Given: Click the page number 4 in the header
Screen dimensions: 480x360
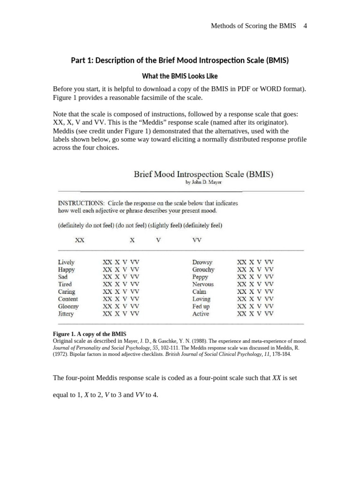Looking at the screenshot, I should coord(305,26).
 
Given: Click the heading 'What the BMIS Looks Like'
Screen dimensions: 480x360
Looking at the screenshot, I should coord(180,76).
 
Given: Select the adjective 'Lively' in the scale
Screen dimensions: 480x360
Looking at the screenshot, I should coord(66,262).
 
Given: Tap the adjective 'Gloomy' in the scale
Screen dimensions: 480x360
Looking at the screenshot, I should coord(68,307).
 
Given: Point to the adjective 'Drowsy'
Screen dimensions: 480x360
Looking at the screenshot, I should coord(202,262).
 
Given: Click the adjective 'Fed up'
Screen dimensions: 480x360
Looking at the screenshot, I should coord(201,307).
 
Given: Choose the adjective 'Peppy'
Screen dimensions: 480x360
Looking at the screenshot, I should coord(200,277).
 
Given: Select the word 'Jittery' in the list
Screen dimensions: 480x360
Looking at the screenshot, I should coord(66,314).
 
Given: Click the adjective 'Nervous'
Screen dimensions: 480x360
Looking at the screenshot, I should coord(202,285).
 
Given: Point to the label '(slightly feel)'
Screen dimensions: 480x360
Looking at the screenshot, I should coord(165,225).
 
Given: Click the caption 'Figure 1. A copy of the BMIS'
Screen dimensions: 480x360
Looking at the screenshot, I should coord(90,334).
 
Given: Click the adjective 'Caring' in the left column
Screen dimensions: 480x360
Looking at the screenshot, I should coord(66,292).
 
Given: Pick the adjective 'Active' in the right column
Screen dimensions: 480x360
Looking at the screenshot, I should coord(201,314).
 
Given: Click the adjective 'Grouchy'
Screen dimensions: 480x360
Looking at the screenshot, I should coord(203,270).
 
